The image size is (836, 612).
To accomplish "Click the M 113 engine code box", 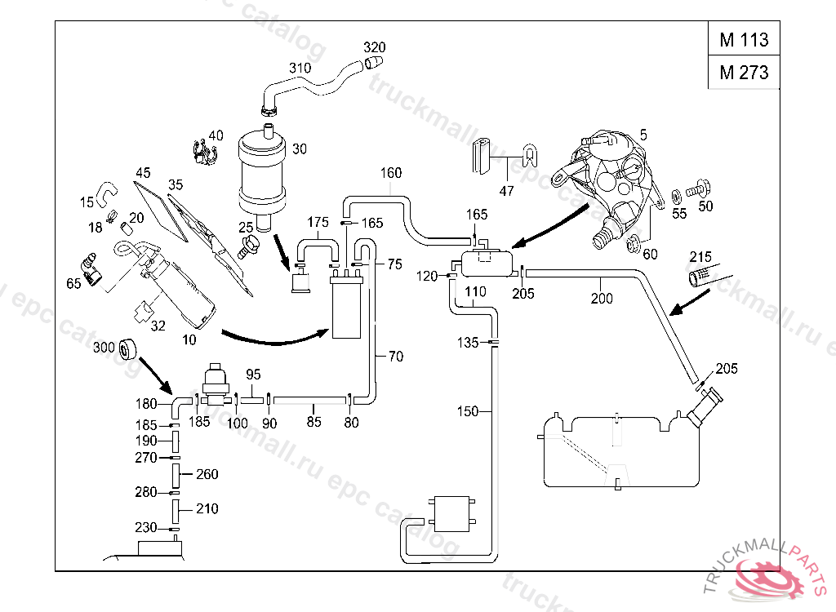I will tap(743, 40).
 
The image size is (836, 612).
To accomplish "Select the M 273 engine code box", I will tap(743, 73).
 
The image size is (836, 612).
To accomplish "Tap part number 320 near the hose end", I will tap(375, 47).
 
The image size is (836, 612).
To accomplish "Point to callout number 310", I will tap(300, 68).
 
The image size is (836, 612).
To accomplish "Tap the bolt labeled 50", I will tap(697, 189).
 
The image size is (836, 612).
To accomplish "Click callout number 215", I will tap(702, 255).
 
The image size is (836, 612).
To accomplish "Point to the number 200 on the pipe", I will tap(602, 299).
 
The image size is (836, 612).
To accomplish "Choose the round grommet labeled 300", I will tap(129, 349).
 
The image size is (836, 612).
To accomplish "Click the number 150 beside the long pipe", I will tap(468, 412).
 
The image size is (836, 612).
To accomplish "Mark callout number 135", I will tap(468, 343).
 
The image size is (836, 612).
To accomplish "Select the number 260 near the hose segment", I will tap(207, 474).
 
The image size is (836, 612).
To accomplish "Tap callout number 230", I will tap(146, 527).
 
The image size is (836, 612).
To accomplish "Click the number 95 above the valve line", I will tap(253, 375).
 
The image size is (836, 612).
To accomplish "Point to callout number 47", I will tap(507, 191).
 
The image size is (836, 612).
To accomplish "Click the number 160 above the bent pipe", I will tap(391, 173).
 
